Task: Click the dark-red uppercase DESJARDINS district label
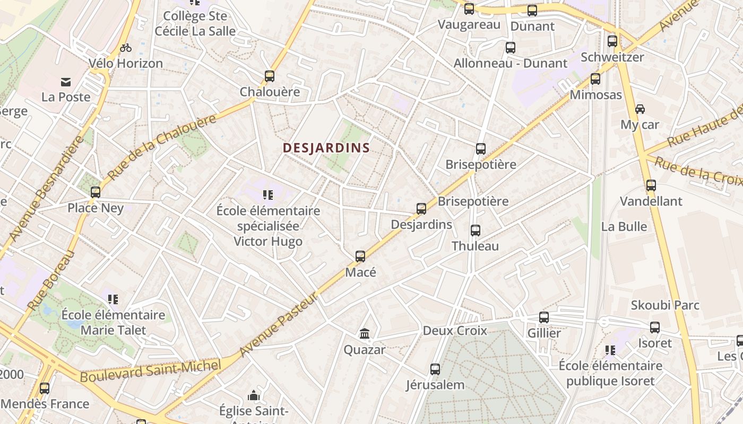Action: (x=326, y=148)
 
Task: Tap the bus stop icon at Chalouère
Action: (x=270, y=76)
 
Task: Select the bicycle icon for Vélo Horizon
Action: (x=126, y=48)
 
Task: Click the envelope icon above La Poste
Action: (x=66, y=82)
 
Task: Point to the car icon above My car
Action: (x=640, y=109)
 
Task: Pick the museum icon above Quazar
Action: (x=365, y=334)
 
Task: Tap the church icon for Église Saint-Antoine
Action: (x=254, y=395)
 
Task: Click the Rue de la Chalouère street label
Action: (x=162, y=147)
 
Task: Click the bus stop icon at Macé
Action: (x=360, y=257)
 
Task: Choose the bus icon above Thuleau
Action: (x=476, y=231)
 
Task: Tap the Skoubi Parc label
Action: (x=665, y=305)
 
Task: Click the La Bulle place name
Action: (x=624, y=226)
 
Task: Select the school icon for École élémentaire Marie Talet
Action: (x=113, y=299)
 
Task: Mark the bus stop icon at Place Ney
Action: (x=96, y=192)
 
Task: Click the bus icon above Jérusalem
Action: (x=435, y=369)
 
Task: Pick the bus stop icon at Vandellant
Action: (x=651, y=185)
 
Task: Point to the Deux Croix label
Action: (x=455, y=331)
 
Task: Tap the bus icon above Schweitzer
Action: (x=612, y=41)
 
